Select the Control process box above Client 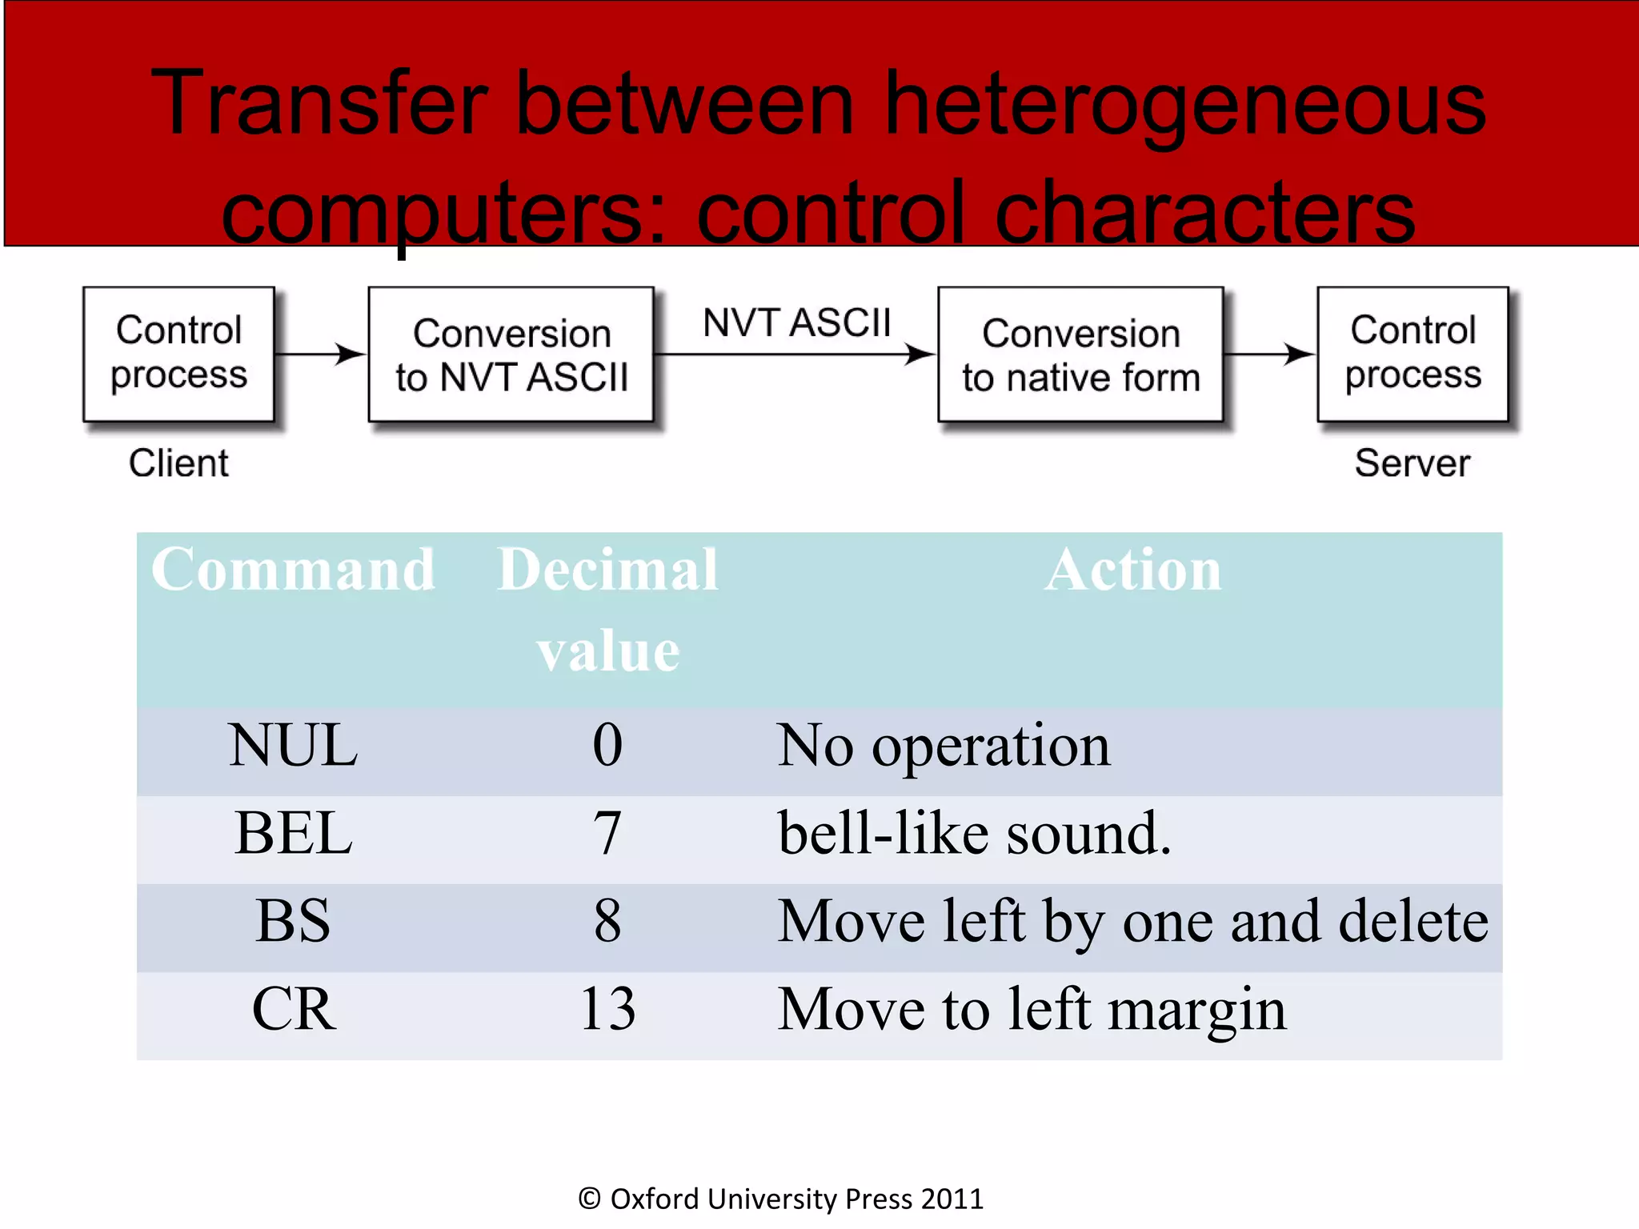click(x=179, y=354)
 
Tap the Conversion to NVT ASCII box click(x=511, y=354)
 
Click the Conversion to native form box click(x=1080, y=354)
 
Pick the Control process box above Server click(x=1413, y=354)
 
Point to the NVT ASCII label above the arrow click(x=796, y=323)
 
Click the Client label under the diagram click(x=178, y=463)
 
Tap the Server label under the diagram click(x=1413, y=463)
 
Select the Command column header click(x=293, y=570)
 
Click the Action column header click(x=1133, y=570)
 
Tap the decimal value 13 click(x=607, y=1009)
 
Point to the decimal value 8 click(x=607, y=921)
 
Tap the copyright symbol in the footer click(x=589, y=1199)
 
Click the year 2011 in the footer click(x=952, y=1199)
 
